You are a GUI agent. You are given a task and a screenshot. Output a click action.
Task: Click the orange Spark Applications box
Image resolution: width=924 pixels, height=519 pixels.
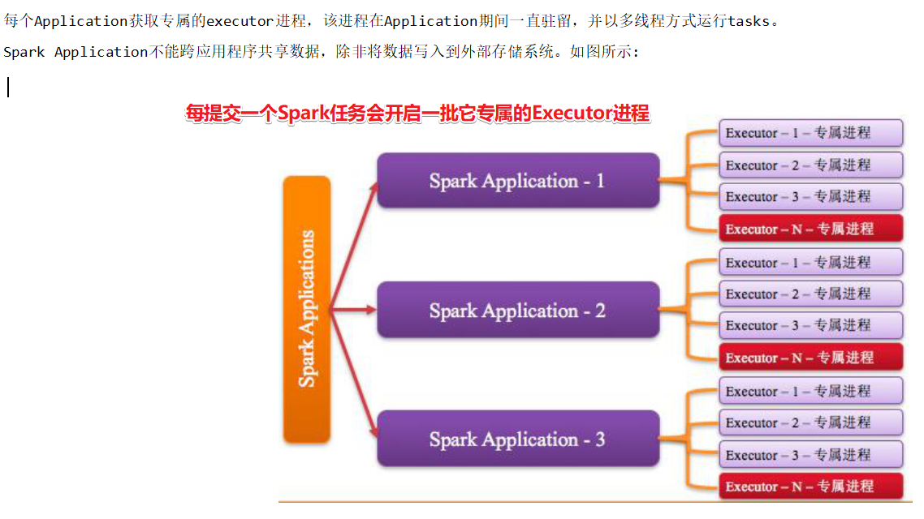[x=307, y=309]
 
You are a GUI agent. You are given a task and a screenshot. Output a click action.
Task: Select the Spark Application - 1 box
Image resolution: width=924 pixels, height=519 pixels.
[x=518, y=181]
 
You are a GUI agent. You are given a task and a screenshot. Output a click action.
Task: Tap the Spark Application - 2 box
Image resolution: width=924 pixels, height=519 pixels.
[x=518, y=310]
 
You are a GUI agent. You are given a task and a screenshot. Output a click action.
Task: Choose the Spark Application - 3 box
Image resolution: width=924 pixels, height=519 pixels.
[x=518, y=440]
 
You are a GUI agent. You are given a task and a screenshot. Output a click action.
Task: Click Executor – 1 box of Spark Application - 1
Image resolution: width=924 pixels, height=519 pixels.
[x=810, y=133]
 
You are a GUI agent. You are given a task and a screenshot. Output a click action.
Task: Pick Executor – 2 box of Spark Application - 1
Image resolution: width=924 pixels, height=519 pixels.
[x=810, y=165]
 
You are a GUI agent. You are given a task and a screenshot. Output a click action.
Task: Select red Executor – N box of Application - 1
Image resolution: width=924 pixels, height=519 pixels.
[x=810, y=229]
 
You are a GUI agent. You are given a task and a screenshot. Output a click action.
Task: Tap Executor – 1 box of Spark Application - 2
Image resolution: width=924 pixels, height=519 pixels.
[x=810, y=262]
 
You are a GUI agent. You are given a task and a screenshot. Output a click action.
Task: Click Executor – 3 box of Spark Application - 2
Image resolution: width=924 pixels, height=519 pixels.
[x=810, y=325]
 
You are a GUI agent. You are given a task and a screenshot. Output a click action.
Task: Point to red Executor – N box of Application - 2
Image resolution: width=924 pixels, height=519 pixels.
[x=810, y=358]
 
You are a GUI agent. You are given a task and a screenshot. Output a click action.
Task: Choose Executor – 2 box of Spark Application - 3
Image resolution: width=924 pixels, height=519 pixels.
[x=810, y=422]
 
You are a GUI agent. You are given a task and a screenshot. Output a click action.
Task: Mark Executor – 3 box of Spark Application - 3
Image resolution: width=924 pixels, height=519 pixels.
[x=810, y=454]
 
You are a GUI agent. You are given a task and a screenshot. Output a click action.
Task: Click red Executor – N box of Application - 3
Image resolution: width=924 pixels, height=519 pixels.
[x=810, y=487]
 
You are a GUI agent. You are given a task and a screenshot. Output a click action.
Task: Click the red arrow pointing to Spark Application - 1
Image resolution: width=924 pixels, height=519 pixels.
[x=355, y=243]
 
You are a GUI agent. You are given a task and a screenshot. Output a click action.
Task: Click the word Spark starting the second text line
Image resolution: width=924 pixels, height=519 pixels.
[x=24, y=53]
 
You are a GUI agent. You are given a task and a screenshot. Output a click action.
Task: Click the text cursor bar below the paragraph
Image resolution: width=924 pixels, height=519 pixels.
[x=8, y=87]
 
